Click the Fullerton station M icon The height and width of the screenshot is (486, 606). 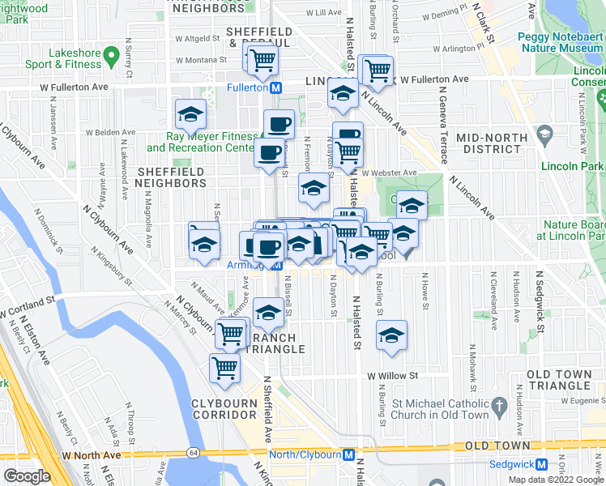tap(276, 87)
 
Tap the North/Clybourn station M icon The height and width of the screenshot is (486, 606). tap(348, 454)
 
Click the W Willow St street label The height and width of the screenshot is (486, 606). tap(392, 376)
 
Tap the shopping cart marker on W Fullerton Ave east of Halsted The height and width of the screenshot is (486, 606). tap(378, 70)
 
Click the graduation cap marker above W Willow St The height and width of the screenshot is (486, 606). tap(391, 335)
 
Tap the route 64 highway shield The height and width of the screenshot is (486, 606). tap(193, 451)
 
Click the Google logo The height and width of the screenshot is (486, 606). tap(26, 476)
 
